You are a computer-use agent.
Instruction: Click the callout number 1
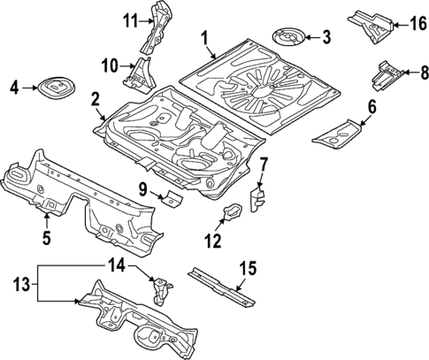tap(204, 38)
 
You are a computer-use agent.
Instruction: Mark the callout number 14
tap(117, 263)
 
